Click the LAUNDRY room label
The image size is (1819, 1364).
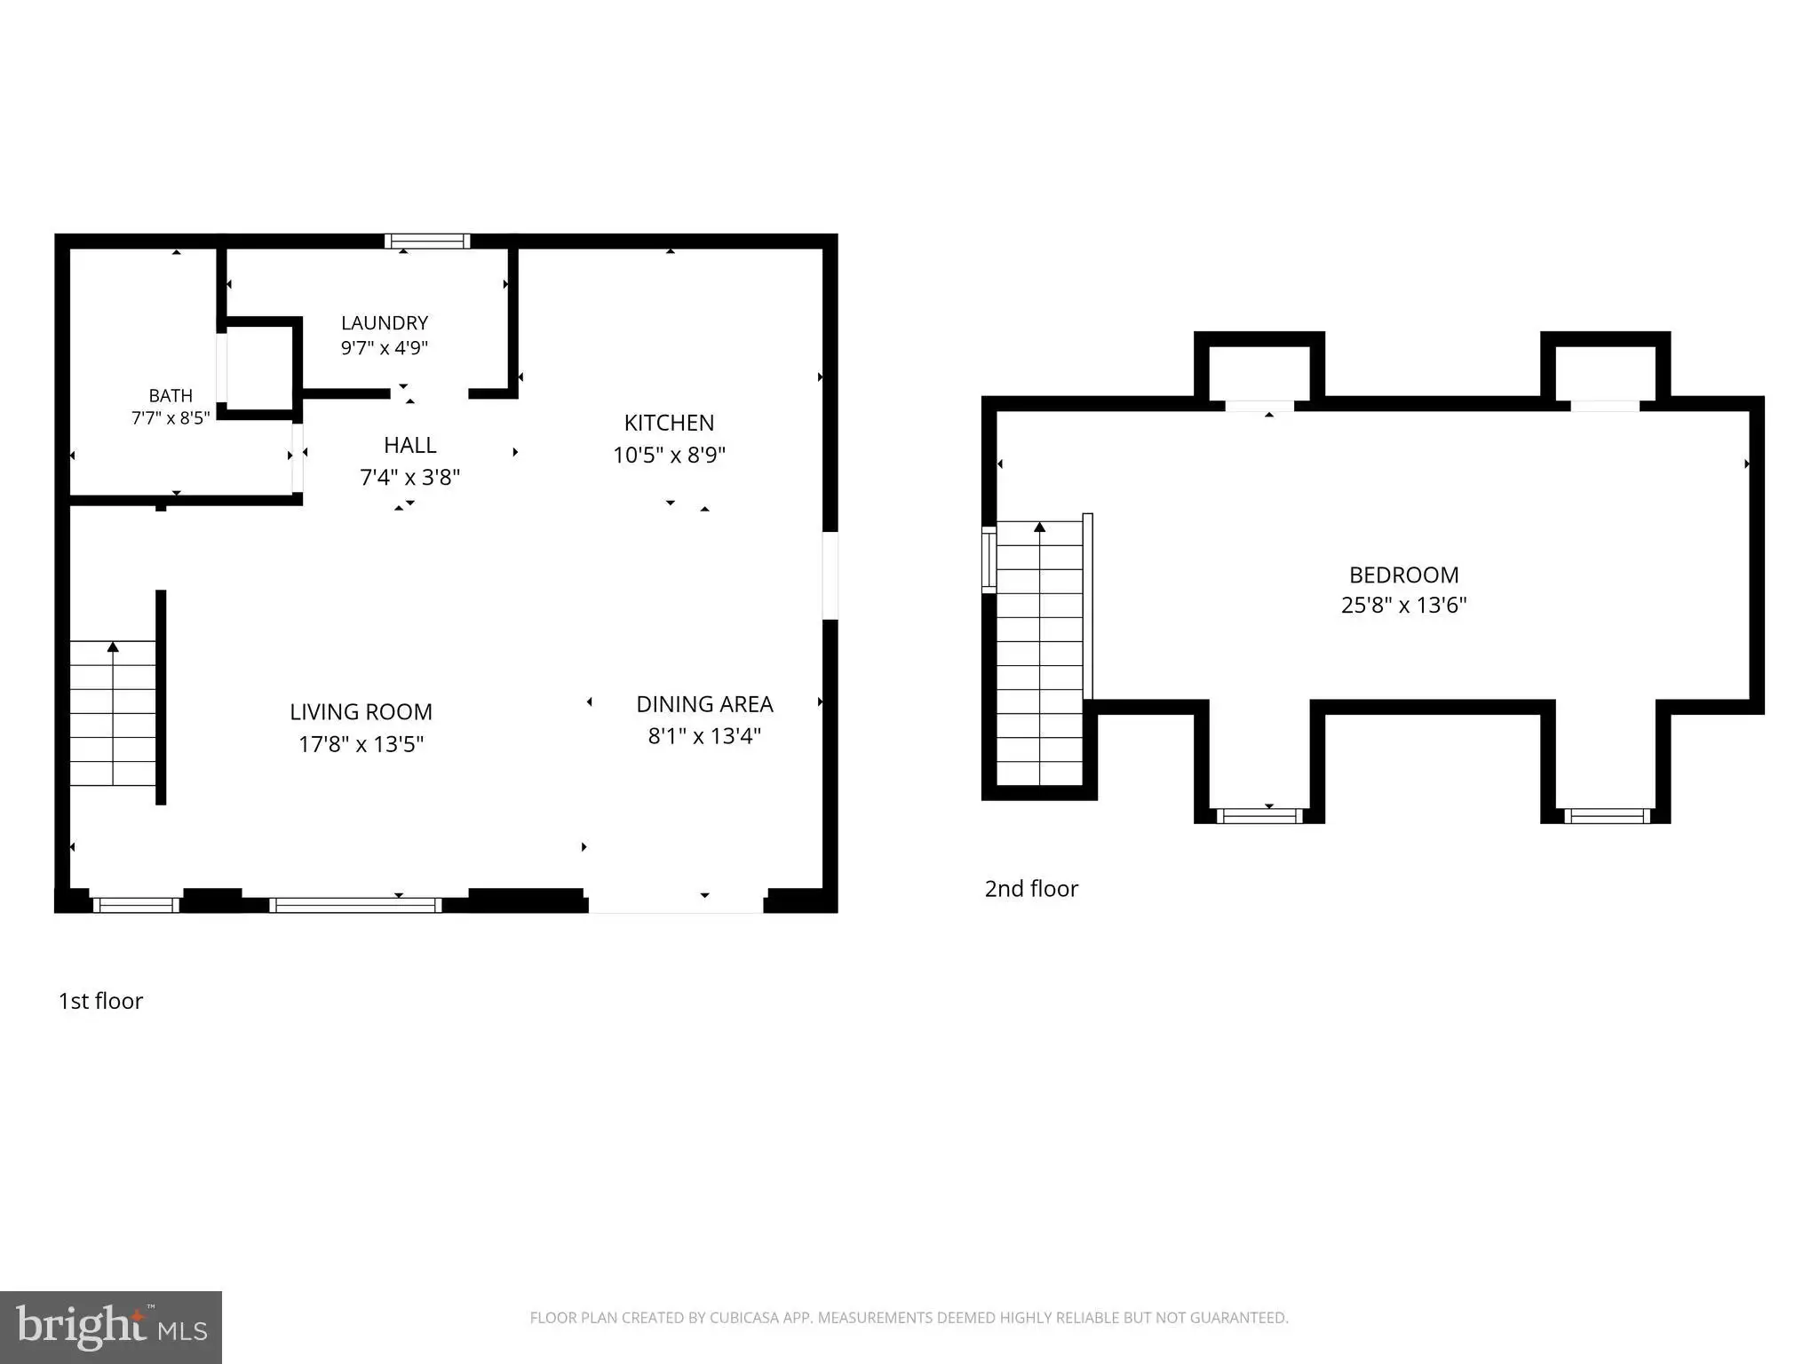coord(385,323)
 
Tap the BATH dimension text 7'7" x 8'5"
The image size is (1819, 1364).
coord(171,417)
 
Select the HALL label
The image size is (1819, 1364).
coord(410,445)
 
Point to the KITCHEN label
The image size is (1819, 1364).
coord(669,423)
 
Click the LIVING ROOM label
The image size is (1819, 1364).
coord(361,711)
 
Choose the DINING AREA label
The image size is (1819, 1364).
coord(704,704)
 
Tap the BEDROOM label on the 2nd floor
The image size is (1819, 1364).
coord(1404,575)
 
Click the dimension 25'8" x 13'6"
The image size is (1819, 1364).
coord(1404,605)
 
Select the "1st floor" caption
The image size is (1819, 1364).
coord(100,1001)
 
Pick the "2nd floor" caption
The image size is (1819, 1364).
coord(1031,889)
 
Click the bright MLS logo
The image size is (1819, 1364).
coord(111,1328)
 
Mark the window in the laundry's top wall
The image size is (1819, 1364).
coord(427,241)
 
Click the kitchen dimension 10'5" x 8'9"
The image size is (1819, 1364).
coord(669,455)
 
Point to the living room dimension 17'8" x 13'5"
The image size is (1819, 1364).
coord(361,743)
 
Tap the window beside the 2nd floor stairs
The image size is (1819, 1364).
coord(989,559)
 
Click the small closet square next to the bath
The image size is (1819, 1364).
coord(259,368)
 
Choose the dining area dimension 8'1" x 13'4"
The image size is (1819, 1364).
coord(704,736)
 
